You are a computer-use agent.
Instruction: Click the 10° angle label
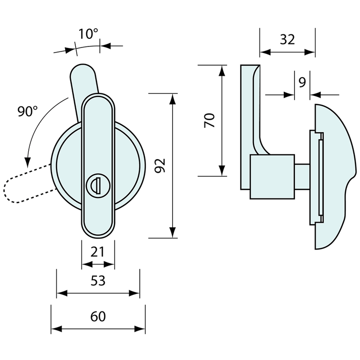[x=88, y=34]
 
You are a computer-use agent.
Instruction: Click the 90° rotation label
[x=28, y=112]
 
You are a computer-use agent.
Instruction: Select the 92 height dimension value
[x=160, y=165]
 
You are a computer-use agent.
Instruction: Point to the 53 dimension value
[x=98, y=281]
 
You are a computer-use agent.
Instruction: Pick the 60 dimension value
[x=98, y=317]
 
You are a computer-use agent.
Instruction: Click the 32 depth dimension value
[x=287, y=39]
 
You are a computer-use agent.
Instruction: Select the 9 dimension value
[x=302, y=82]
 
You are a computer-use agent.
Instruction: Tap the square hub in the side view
[x=272, y=176]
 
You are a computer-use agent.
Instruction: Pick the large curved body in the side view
[x=336, y=177]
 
